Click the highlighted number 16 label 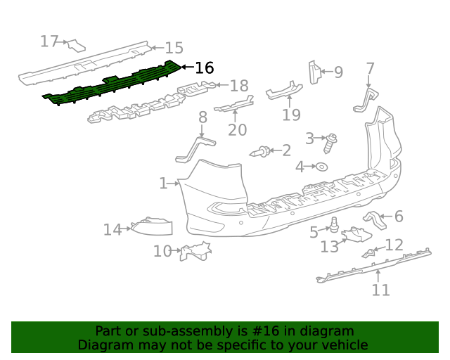[204, 68]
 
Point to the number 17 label [49, 41]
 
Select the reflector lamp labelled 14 [153, 226]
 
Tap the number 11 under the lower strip [380, 290]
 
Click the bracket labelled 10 [194, 250]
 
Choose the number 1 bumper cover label [163, 184]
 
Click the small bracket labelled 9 [314, 72]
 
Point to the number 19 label [291, 115]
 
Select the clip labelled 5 [335, 226]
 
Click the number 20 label [238, 129]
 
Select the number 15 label [174, 48]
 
